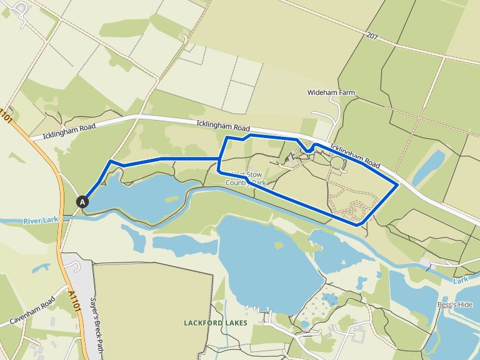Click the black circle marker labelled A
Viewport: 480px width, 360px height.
[82, 201]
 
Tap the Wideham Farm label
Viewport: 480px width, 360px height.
[331, 92]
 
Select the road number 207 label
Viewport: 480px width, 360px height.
[373, 36]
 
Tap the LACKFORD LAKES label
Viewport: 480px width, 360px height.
[216, 322]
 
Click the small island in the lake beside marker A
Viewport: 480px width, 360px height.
[171, 199]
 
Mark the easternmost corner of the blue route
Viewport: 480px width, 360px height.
[398, 184]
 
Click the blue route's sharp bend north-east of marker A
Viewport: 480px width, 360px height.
[111, 161]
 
